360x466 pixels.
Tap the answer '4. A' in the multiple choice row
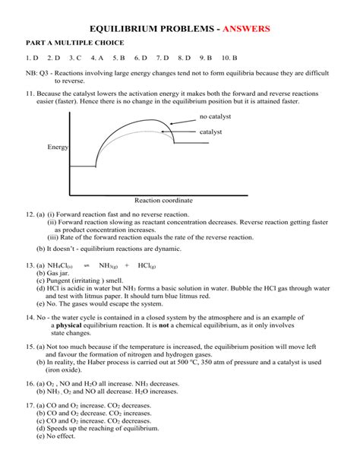tap(96, 58)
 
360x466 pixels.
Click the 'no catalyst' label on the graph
tap(215, 116)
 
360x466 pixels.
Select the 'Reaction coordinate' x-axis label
tap(163, 201)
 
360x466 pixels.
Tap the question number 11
tap(30, 90)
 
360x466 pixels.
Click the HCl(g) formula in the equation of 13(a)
tap(147, 265)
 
